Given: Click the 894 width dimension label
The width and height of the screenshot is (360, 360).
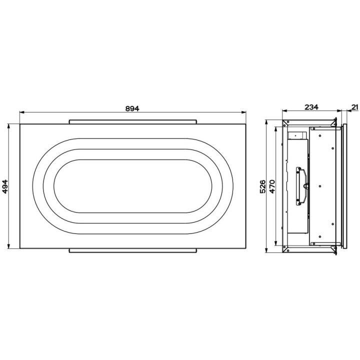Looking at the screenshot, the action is point(132,108).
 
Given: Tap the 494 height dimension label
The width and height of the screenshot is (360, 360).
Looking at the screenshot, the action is point(5,186).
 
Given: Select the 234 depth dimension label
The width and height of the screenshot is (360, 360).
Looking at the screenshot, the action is point(311,107).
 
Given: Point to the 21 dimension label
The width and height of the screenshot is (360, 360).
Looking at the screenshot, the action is point(355,107).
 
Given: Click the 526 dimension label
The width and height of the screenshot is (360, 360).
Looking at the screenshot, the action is point(263,186).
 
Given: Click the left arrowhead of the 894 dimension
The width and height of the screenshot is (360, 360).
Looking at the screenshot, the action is point(22,112).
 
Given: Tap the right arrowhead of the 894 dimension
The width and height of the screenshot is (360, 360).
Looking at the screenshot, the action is point(243,112).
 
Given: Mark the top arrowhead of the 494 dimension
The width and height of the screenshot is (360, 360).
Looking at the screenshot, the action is point(8,126).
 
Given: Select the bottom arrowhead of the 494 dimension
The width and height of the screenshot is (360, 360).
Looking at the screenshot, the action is point(8,246).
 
